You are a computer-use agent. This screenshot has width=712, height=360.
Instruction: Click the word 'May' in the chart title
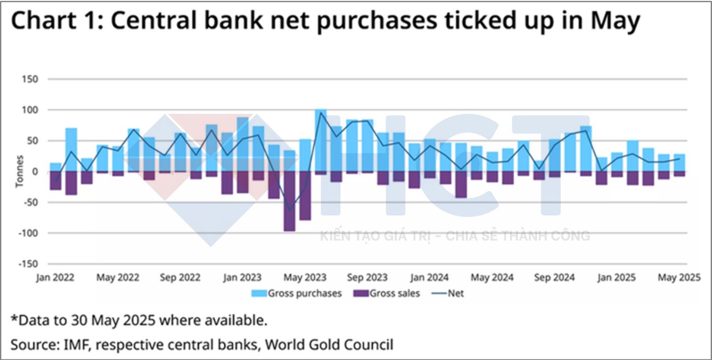coord(615,21)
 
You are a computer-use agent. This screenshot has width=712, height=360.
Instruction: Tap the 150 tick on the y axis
coord(30,79)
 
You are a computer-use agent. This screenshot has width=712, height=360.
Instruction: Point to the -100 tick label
coord(28,233)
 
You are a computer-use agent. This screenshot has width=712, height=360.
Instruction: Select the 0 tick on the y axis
coord(35,172)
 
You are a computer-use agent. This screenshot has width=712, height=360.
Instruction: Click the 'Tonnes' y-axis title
coord(19,171)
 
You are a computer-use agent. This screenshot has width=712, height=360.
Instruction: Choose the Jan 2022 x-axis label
coord(55,278)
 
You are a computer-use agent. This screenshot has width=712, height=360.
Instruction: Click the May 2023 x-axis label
coord(305,278)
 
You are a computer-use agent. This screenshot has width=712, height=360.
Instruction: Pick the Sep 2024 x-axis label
coord(554,278)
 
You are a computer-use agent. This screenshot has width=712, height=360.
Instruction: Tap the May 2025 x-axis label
coord(679,278)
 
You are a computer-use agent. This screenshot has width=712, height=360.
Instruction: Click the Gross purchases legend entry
coord(296,294)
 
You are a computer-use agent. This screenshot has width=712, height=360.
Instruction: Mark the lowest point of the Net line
coord(290,210)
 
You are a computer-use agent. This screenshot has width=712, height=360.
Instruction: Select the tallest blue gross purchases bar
coord(320,141)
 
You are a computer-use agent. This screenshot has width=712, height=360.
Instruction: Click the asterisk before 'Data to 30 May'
coord(14,319)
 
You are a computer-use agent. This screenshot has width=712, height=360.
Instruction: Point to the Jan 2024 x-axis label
coord(429,278)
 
